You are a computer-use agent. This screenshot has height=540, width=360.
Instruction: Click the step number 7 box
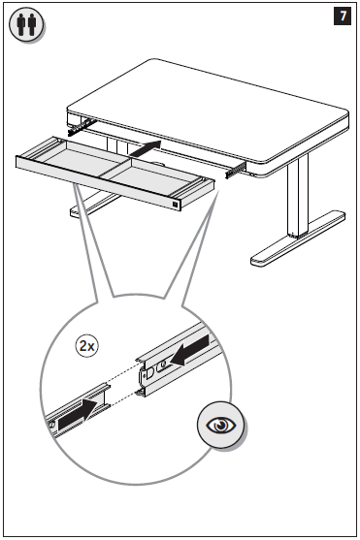point(343,16)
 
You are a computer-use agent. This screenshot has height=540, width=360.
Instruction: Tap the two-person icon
point(26,24)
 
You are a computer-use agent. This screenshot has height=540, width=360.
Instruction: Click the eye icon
point(221,425)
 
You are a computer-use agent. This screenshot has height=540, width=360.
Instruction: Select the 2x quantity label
point(87,346)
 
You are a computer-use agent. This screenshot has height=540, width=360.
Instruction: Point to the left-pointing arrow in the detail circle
point(190,350)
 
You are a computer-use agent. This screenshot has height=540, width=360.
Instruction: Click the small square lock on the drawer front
point(176,205)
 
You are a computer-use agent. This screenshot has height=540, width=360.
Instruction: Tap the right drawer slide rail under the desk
point(236,171)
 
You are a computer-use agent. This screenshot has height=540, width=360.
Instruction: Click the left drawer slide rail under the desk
point(79,127)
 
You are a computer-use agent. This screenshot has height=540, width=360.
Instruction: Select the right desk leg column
point(298,196)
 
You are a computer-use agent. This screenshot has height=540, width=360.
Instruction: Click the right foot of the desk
point(298,239)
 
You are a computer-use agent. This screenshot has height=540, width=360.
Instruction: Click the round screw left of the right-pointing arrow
point(51,425)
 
